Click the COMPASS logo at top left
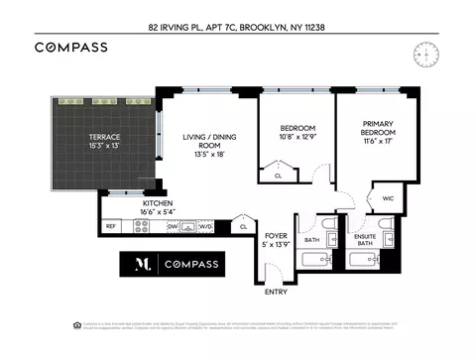pos(70,47)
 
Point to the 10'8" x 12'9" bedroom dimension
pos(297,139)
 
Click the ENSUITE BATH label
pos(365,240)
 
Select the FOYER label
pos(276,235)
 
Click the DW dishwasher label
pos(172,227)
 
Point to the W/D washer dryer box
pos(205,227)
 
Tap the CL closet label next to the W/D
pos(243,227)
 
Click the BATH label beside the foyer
pos(311,240)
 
